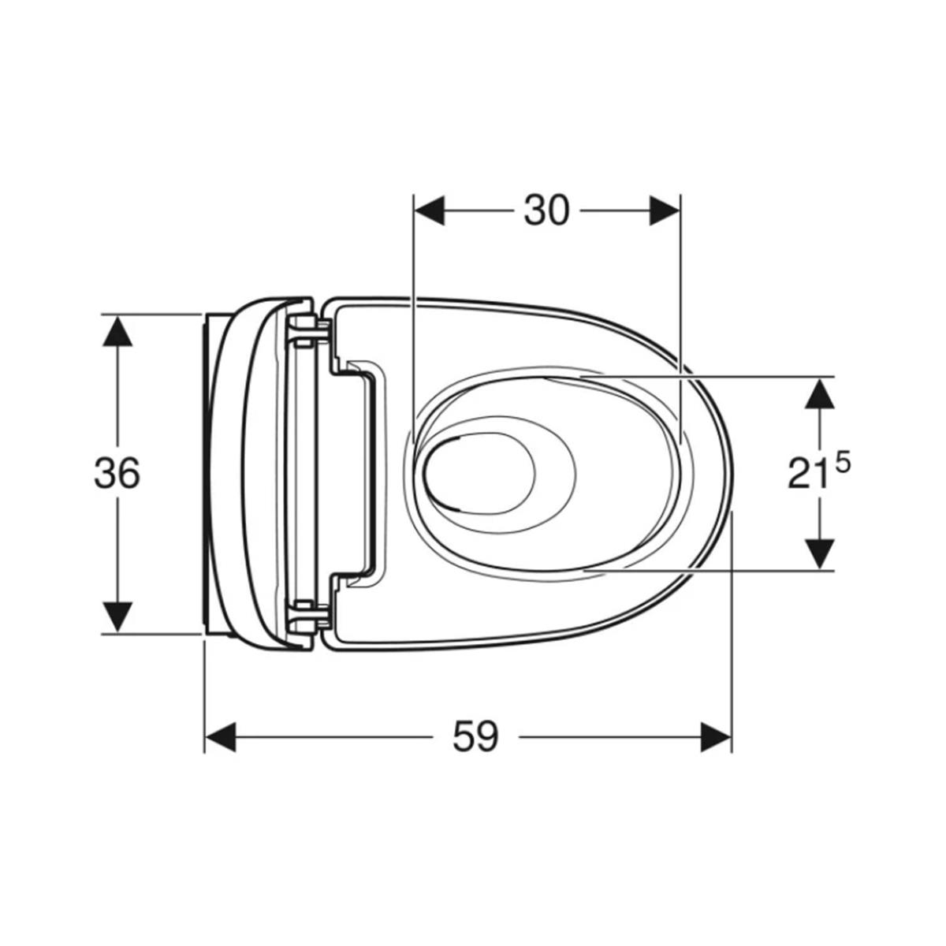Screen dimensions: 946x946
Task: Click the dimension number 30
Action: pyautogui.click(x=546, y=210)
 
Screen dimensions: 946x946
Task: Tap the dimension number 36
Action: pyautogui.click(x=117, y=473)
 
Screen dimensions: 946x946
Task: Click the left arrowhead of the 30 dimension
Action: pyautogui.click(x=430, y=210)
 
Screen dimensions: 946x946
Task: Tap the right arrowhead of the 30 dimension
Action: pyautogui.click(x=665, y=210)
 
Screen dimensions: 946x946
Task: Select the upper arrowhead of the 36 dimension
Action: pyautogui.click(x=117, y=330)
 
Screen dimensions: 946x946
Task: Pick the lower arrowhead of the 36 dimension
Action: pyautogui.click(x=117, y=617)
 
